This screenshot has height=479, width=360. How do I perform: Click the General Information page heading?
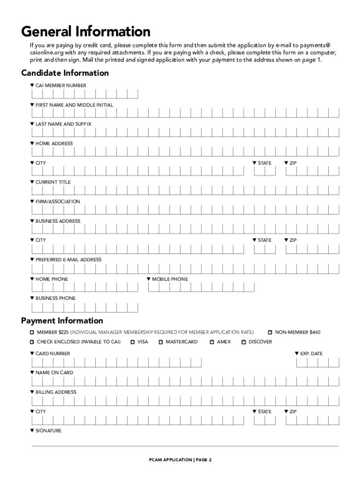[86, 32]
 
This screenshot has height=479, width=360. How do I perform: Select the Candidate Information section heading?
[65, 73]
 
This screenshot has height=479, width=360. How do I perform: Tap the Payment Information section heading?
[62, 321]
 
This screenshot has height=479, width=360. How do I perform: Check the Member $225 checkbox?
[32, 333]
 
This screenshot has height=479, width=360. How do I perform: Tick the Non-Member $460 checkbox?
[270, 333]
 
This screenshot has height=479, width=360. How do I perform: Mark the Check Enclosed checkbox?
[32, 342]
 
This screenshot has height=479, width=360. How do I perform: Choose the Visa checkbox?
[133, 342]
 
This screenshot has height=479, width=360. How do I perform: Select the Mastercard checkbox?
[161, 342]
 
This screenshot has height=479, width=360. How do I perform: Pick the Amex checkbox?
[212, 342]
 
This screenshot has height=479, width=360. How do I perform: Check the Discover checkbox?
[244, 342]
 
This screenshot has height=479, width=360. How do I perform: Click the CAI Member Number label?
[61, 86]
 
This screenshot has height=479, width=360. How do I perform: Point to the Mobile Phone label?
[170, 279]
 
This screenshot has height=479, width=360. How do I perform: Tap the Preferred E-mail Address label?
[68, 260]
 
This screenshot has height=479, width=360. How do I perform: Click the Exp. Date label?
[311, 354]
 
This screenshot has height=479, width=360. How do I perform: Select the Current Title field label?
[53, 182]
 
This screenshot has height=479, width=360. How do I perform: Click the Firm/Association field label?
[58, 202]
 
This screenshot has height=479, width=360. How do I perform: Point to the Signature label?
[48, 431]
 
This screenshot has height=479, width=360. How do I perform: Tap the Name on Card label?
[54, 373]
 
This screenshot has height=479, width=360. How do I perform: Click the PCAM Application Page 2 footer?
[180, 460]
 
